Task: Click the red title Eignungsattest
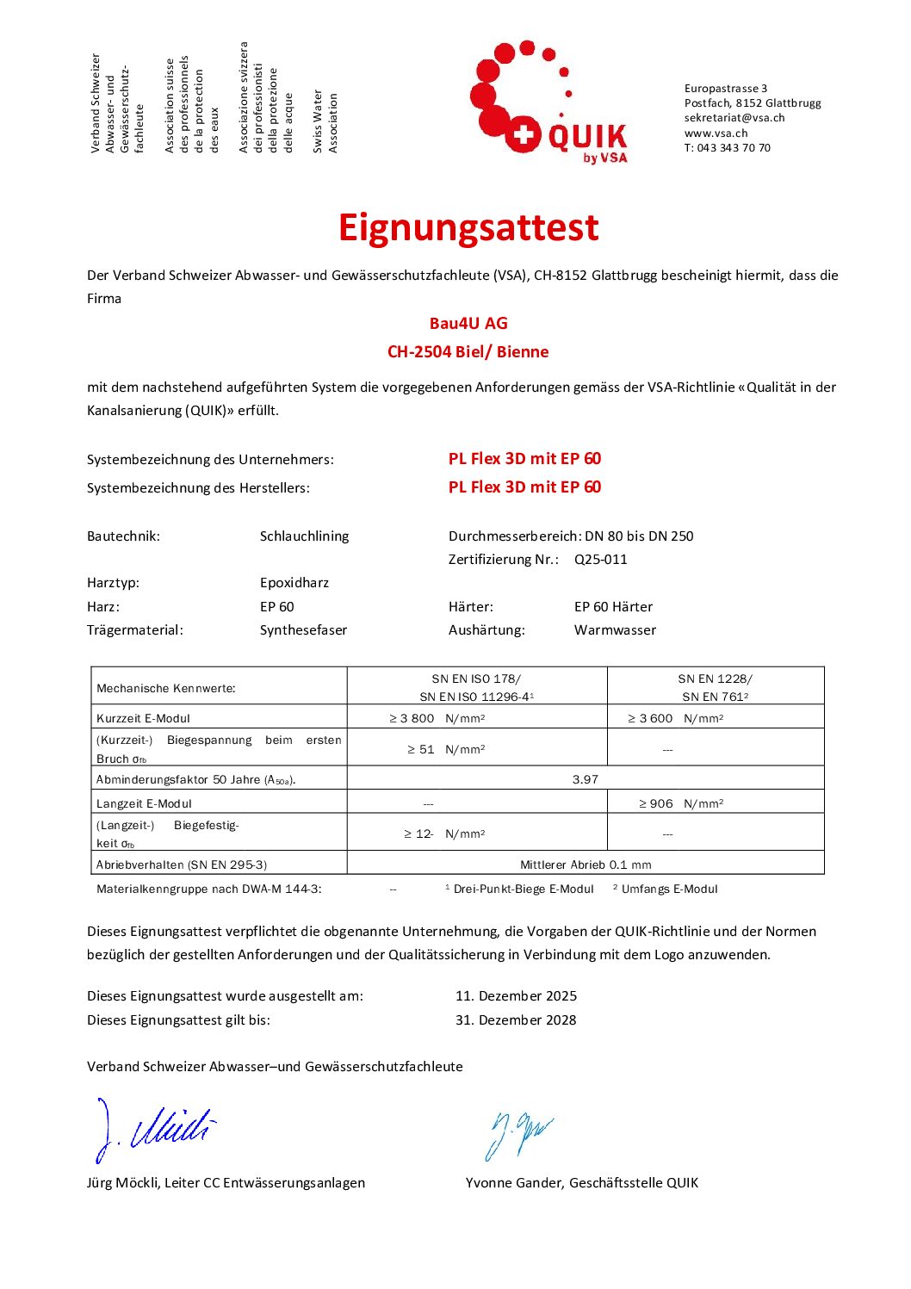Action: (468, 227)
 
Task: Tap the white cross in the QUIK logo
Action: (521, 135)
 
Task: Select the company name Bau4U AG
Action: (468, 324)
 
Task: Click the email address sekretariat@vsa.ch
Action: (734, 118)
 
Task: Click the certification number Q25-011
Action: (601, 560)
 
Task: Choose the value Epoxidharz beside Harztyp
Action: (294, 583)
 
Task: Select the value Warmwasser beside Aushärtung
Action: (615, 630)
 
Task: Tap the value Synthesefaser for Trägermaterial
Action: (303, 630)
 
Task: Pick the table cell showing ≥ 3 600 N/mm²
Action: (676, 718)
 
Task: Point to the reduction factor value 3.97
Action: (586, 779)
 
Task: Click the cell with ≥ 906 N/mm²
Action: (681, 803)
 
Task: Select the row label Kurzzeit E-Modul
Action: (143, 718)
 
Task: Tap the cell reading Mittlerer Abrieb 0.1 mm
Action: (586, 864)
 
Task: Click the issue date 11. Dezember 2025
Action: (516, 996)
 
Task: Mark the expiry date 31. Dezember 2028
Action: (516, 1020)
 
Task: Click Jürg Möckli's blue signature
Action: (155, 1128)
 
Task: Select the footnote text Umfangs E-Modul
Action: (669, 889)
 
